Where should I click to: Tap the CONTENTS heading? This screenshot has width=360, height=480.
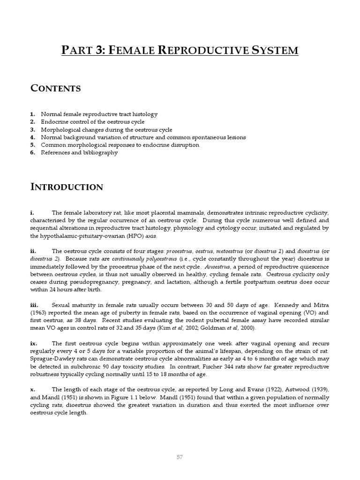55,88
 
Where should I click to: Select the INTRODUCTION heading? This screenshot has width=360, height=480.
67,187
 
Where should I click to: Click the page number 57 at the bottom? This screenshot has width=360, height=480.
180,457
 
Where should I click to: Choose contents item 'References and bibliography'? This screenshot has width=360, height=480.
79,153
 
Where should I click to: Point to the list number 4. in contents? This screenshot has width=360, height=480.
32,137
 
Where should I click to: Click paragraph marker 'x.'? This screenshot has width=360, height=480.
32,389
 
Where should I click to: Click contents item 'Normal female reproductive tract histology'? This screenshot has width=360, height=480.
99,114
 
